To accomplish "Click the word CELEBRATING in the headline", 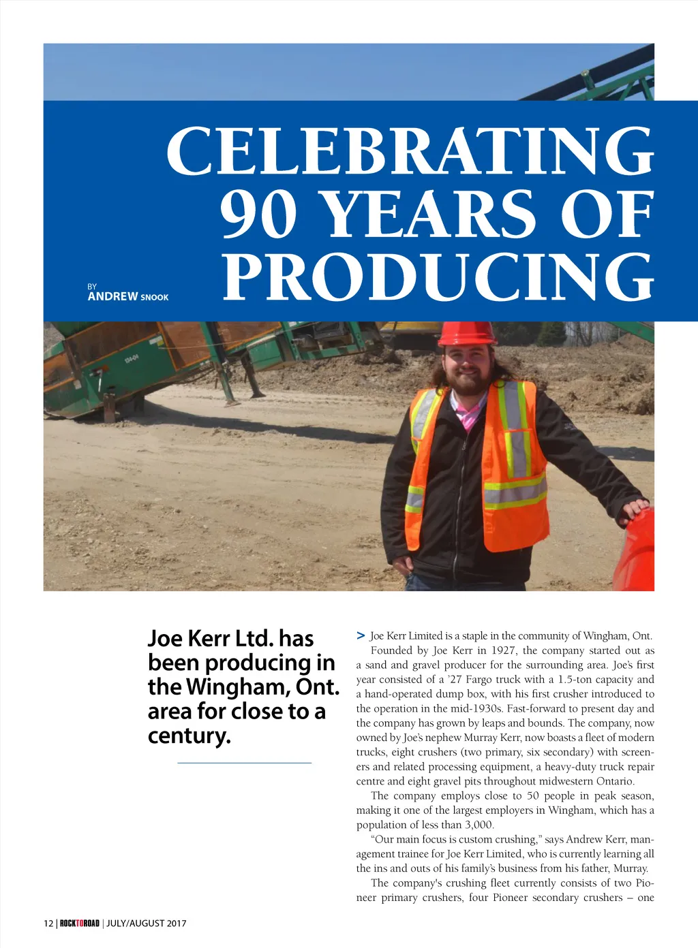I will tap(410, 151).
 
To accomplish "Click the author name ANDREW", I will tap(112, 296).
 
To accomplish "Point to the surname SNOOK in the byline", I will tap(155, 298).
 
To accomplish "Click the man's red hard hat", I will tap(467, 333).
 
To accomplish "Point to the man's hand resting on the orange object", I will tap(635, 507).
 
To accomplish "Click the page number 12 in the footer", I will tap(48, 923).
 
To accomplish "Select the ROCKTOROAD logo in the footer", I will tap(80, 923).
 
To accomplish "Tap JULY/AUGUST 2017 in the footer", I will tap(146, 923).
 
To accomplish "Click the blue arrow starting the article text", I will tap(361, 635).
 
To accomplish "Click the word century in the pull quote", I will tap(189, 736).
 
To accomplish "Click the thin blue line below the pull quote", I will tap(244, 763).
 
